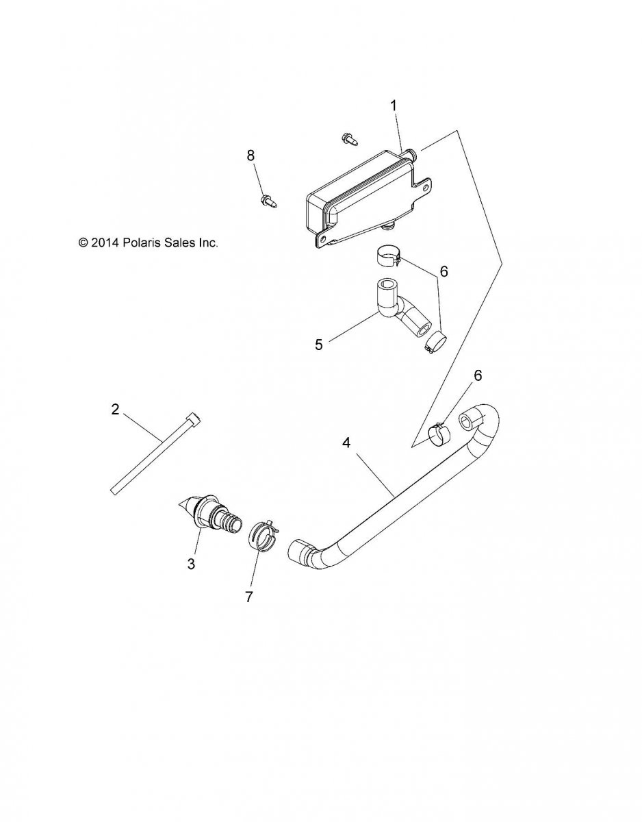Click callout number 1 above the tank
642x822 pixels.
394,106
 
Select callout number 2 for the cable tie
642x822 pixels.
115,409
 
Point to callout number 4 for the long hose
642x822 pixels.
346,443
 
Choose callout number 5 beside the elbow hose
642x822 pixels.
320,345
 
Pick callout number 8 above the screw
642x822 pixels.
251,155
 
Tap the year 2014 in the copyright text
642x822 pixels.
105,242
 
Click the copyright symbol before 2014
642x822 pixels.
83,242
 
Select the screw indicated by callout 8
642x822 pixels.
269,201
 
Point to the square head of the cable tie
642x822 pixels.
194,418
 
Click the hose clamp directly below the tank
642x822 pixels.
389,256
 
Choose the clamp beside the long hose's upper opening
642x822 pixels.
439,434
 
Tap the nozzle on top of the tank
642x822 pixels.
409,154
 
